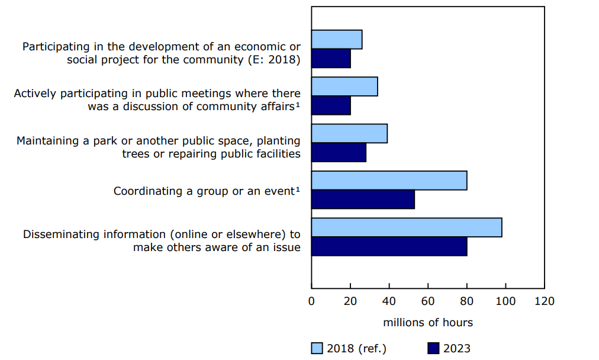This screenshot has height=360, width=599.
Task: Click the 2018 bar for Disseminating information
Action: coord(407,227)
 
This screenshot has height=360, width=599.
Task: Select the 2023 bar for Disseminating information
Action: coord(389,246)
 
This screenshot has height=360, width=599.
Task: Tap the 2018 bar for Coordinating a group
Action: coord(389,181)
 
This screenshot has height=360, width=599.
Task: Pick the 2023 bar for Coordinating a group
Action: coord(363,200)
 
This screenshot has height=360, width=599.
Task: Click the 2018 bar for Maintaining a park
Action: coord(349,134)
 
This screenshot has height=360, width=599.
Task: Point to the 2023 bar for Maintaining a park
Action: coord(339,152)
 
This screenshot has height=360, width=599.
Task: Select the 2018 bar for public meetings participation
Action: coord(344,86)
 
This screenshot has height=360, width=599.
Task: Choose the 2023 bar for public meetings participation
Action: coord(331,105)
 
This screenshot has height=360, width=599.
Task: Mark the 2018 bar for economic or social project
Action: coord(337,40)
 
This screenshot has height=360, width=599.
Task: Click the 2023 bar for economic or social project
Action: coord(331,59)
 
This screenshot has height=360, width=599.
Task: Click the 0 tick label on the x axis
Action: coord(312,301)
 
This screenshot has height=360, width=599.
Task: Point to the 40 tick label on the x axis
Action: coord(389,301)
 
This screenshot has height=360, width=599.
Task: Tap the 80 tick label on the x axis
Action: coord(467,301)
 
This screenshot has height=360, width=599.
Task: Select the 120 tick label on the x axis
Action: coord(544,301)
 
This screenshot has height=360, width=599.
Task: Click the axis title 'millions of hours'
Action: coord(428,323)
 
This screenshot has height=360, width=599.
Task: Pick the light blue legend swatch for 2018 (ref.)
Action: coord(317,348)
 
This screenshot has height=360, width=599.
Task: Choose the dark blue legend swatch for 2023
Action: coord(433,348)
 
